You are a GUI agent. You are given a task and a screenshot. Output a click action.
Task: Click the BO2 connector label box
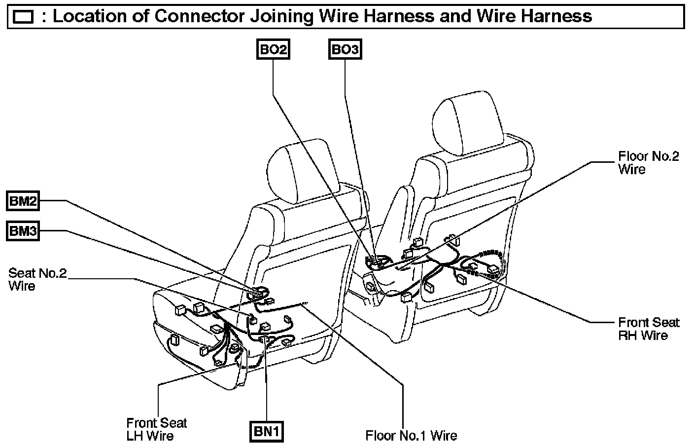click(x=274, y=49)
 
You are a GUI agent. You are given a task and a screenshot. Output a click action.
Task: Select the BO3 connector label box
click(x=345, y=49)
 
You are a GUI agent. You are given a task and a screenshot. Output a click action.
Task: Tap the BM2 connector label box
click(x=23, y=201)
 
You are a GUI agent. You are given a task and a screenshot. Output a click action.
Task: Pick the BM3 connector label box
click(x=23, y=231)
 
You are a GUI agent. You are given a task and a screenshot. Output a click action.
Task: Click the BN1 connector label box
click(x=267, y=432)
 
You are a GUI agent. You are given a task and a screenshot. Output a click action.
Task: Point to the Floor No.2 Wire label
click(x=648, y=163)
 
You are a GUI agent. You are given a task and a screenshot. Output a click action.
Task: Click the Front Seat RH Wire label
click(x=648, y=329)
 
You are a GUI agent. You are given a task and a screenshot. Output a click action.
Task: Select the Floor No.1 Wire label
click(x=411, y=436)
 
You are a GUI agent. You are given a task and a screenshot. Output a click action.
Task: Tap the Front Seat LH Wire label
click(x=157, y=429)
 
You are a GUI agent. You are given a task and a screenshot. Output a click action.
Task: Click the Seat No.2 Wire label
click(x=37, y=279)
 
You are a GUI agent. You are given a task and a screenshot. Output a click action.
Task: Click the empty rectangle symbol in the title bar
click(x=23, y=18)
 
